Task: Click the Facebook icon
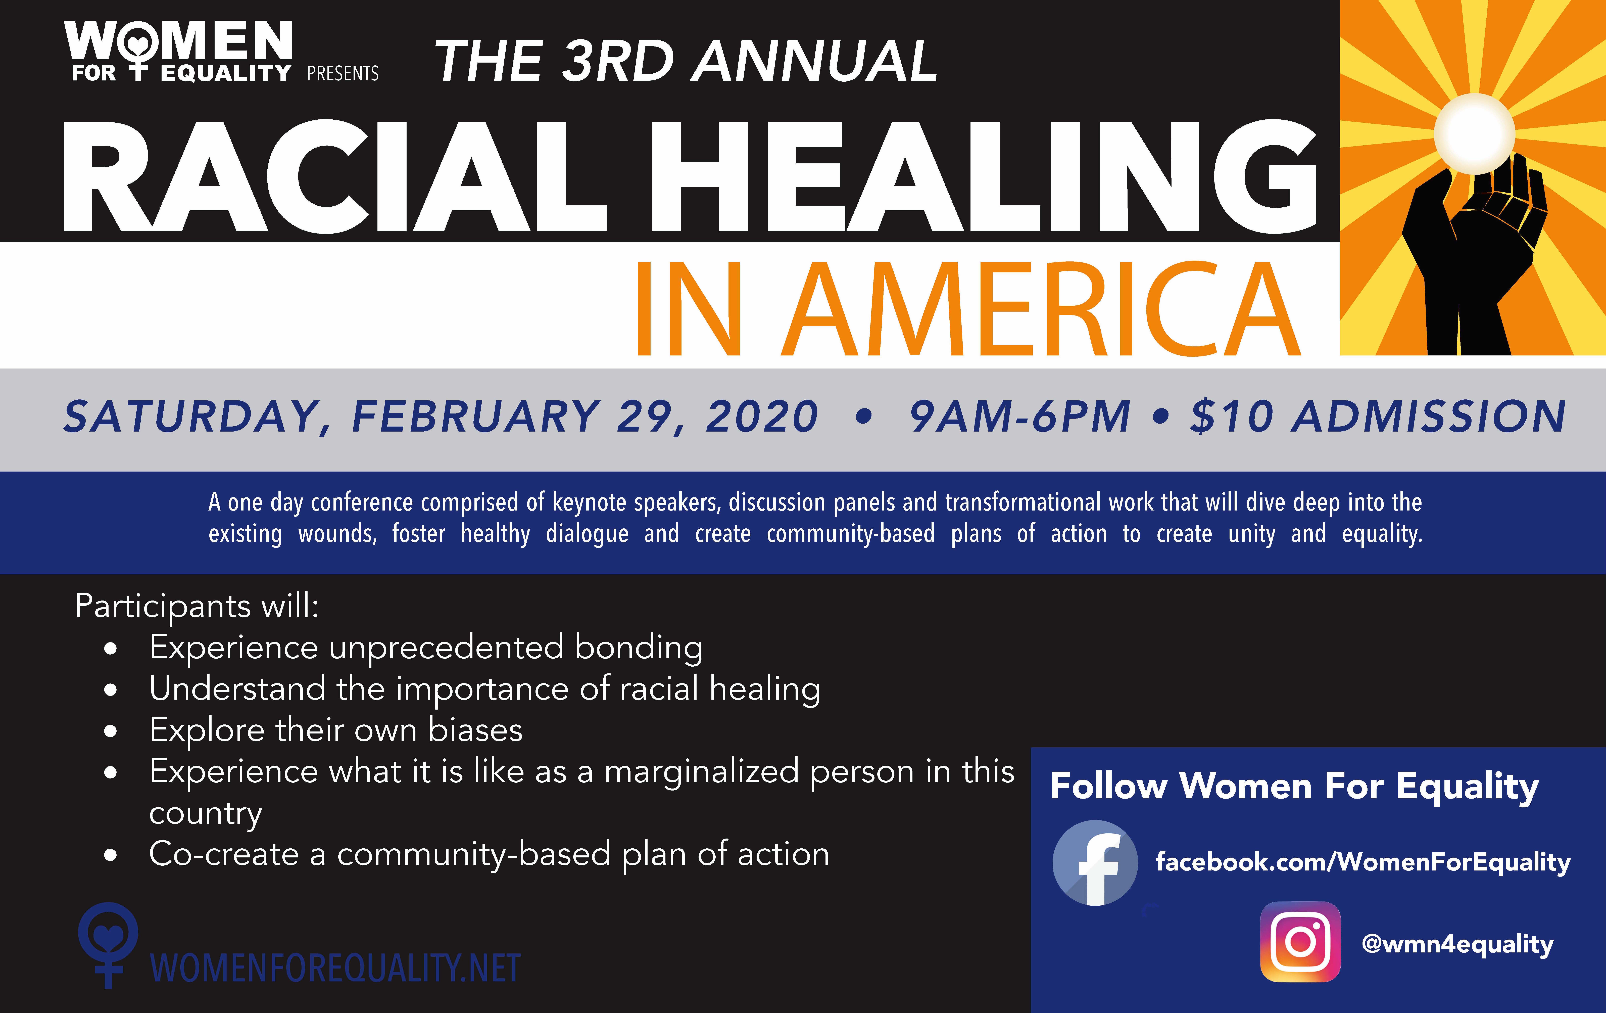point(1095,862)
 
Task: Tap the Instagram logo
point(1300,942)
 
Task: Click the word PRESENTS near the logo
point(343,73)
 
